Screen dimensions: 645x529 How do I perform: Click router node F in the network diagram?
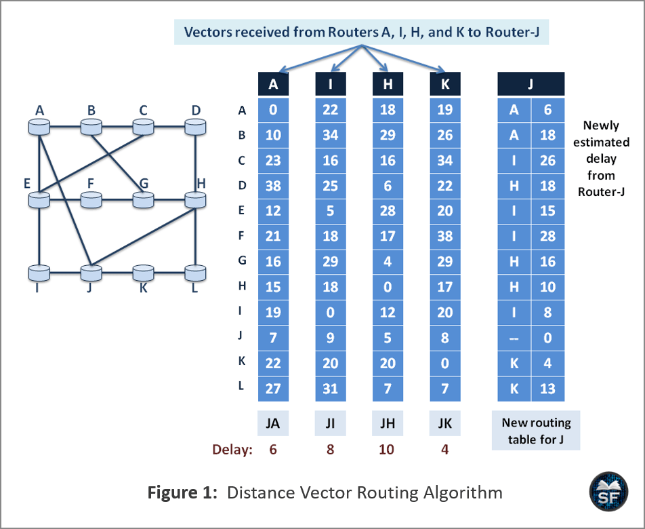91,199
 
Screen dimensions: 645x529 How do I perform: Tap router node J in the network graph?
91,273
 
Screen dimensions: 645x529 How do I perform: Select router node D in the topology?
195,126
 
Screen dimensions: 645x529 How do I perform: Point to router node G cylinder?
143,199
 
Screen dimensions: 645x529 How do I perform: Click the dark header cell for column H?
388,84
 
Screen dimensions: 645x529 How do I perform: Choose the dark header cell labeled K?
445,84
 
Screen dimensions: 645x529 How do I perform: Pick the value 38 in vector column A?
273,186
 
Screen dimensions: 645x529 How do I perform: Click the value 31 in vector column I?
331,389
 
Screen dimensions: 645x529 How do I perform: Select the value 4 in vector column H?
388,262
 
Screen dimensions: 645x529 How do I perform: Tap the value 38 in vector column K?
445,236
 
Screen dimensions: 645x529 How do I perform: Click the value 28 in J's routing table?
548,236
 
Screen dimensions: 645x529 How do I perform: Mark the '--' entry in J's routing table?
514,338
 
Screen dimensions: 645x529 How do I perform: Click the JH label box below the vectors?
388,423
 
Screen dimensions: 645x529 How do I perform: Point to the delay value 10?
387,450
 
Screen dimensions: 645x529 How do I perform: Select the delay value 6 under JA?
273,450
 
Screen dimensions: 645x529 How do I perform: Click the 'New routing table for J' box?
536,430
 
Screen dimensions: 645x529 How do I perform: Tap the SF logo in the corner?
609,492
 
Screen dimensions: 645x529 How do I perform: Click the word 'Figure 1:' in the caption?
182,492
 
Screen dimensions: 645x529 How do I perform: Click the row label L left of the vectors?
241,386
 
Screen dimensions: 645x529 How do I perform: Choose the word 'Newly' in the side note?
601,125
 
